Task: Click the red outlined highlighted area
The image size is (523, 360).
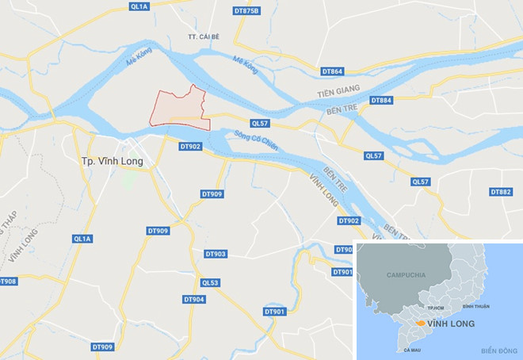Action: [181, 109]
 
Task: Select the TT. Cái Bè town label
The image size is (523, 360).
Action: [204, 36]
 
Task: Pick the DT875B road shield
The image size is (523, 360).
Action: [248, 10]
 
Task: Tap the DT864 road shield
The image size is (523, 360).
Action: [333, 71]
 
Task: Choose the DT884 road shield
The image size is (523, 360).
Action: [381, 100]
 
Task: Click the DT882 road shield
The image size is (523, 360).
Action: [501, 192]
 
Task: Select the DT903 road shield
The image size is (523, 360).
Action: [215, 254]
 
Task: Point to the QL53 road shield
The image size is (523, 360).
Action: [210, 282]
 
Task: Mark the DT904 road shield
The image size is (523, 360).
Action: [194, 299]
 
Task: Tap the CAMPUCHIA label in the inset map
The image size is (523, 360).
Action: [406, 274]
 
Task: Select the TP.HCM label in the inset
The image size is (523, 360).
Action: [434, 305]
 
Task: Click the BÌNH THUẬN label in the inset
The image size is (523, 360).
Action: [478, 304]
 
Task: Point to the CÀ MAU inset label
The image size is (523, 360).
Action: [411, 350]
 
